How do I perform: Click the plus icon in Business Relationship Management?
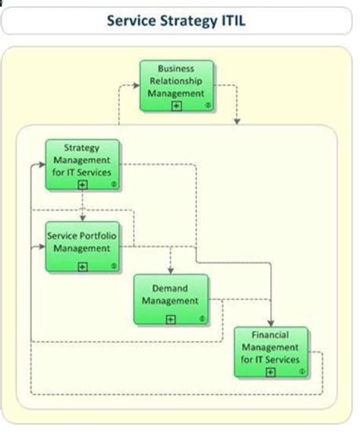176,106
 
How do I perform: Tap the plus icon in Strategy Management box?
82,183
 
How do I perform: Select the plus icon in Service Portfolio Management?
82,266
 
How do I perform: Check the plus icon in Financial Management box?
270,372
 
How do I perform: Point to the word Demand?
170,289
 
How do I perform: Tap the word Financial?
270,336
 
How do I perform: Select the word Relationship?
176,80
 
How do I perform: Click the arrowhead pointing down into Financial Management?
270,322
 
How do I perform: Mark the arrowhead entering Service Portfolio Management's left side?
40,246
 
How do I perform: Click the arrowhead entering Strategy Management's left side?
40,163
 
